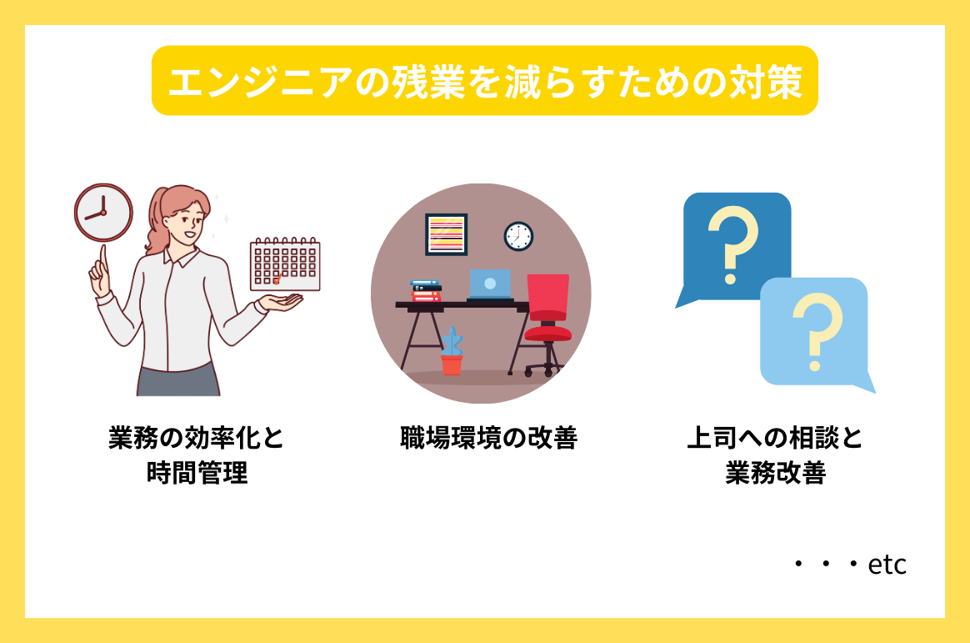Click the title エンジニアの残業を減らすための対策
tap(484, 81)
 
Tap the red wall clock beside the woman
tap(103, 212)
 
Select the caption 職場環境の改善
tap(488, 438)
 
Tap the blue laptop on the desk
tap(489, 284)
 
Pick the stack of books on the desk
tap(426, 291)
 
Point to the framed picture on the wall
tap(446, 234)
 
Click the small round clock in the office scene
tap(518, 236)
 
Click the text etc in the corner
tap(887, 565)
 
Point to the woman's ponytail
tap(156, 225)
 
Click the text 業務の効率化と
tap(197, 438)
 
